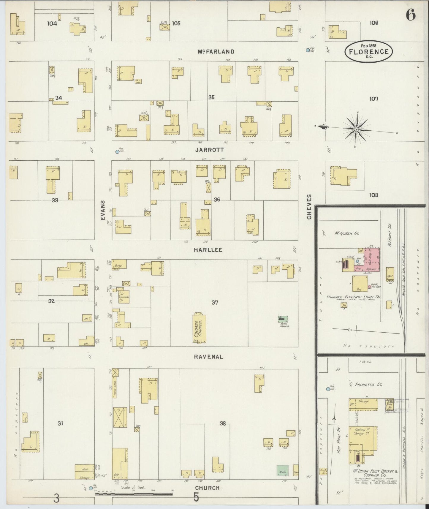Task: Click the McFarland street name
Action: pos(216,52)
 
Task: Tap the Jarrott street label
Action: pos(210,150)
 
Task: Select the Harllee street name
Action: pos(208,250)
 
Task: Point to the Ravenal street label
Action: pos(208,357)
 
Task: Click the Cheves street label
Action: pos(310,207)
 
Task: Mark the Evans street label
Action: pos(103,210)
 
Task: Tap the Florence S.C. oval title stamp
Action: pos(368,51)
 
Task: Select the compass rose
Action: pos(356,129)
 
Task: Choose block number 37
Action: pos(215,303)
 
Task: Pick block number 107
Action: pos(374,99)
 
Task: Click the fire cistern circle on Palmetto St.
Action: pos(328,389)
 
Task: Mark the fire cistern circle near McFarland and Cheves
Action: pos(308,50)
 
